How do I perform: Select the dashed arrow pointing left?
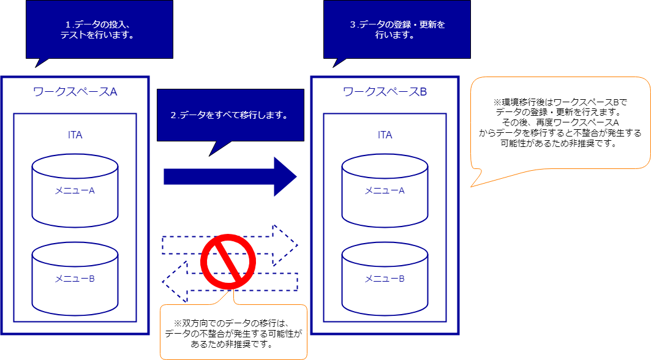pos(175,281)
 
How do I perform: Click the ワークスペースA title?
pos(75,92)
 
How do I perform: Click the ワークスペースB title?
pos(385,92)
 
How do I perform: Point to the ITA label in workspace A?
pos(75,135)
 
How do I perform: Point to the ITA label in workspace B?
pos(385,135)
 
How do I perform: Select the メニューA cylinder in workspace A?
pos(75,190)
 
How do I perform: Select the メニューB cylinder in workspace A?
pos(75,279)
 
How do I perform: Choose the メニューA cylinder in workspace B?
pos(385,190)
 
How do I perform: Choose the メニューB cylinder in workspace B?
pos(385,279)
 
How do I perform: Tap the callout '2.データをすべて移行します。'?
pos(230,114)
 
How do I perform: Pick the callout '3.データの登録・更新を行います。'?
pos(397,29)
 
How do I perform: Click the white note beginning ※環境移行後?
pos(560,122)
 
